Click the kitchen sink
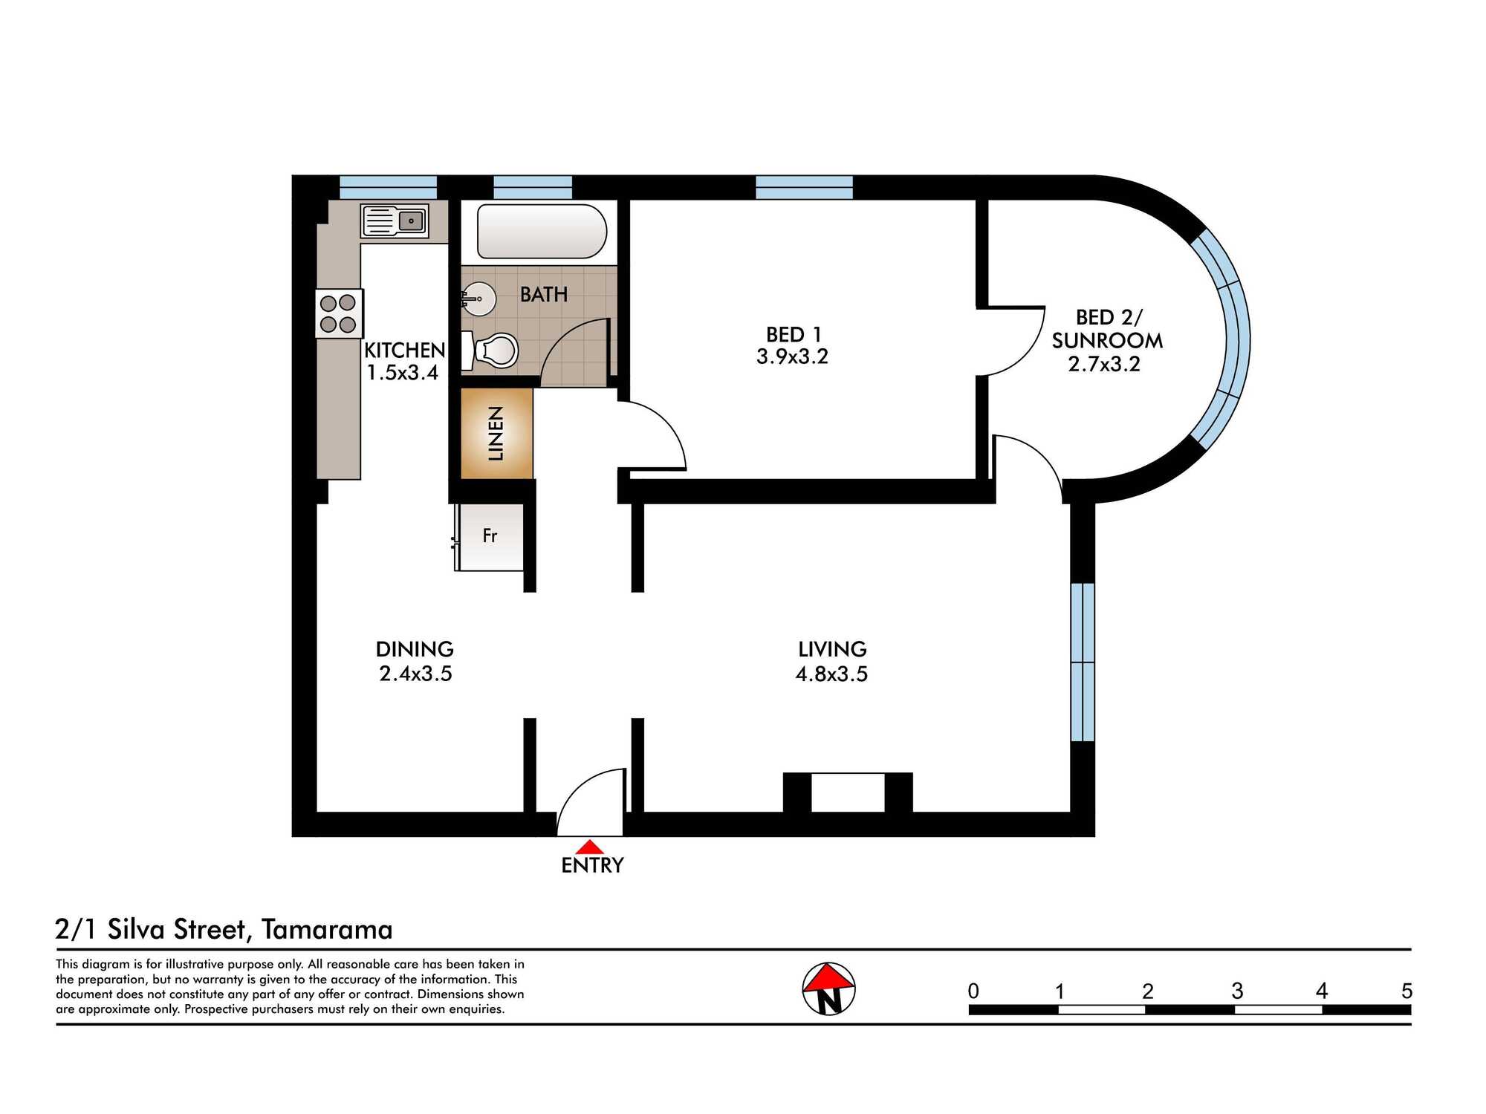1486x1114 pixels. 395,221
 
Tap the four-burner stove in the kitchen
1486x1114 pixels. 339,313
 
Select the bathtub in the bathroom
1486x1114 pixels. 542,231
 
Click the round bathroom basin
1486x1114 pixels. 478,299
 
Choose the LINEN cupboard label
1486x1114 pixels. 496,434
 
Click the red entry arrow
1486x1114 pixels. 589,847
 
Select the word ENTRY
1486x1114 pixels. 592,865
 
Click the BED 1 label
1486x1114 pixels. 794,334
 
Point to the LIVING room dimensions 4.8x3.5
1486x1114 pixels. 831,674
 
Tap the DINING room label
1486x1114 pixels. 415,649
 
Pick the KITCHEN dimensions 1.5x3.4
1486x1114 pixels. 403,372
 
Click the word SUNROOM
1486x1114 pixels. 1107,340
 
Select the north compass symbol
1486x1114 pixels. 829,988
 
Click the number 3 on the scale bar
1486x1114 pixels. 1237,991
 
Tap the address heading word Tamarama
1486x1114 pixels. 327,929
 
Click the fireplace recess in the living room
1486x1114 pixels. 848,792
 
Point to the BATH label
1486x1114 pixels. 544,294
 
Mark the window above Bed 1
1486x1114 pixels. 804,187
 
